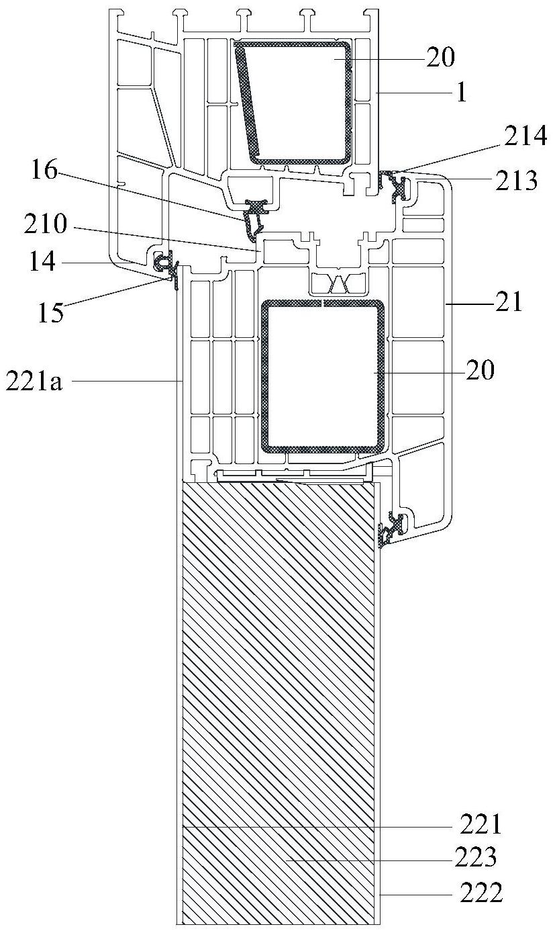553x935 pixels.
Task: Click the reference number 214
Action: tap(525, 136)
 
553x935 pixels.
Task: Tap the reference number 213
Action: tap(516, 181)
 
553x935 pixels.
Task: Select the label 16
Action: tap(44, 170)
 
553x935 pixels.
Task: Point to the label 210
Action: tap(46, 224)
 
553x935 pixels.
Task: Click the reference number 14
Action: tap(42, 262)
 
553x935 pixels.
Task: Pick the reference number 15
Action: tap(51, 313)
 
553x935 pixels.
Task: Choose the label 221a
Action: tap(34, 382)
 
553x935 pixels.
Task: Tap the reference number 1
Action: tap(461, 93)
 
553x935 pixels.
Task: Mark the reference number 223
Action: tap(475, 857)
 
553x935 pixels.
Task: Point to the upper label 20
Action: tap(440, 58)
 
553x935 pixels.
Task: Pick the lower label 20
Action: tap(481, 370)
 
